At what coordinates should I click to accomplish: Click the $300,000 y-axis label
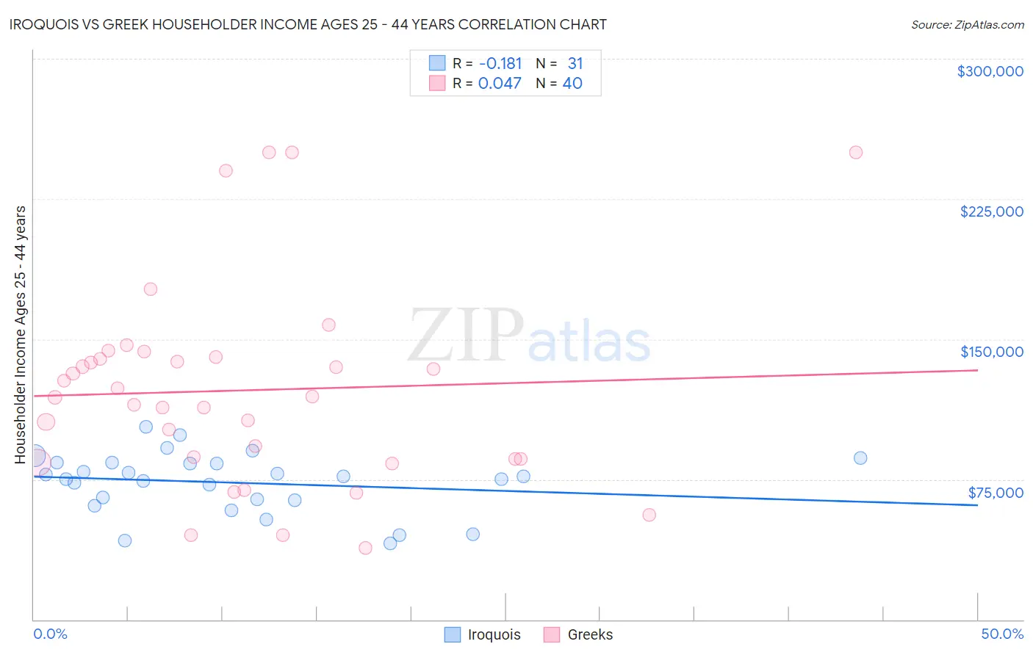tap(990, 71)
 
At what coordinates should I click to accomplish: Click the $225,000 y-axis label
tap(991, 211)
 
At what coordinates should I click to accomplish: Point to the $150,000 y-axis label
tap(991, 352)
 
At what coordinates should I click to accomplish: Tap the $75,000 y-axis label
tap(996, 493)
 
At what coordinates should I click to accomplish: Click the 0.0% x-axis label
tap(50, 634)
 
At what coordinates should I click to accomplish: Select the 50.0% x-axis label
tap(1002, 634)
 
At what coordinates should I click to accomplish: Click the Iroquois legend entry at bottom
tap(483, 634)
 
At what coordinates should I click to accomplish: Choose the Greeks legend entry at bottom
tap(578, 634)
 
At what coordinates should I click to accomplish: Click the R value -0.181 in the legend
tap(500, 64)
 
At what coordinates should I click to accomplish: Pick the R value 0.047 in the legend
tap(500, 84)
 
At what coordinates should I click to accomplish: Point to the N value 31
tap(575, 64)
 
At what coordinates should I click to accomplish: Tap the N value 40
tap(572, 84)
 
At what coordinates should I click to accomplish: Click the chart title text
tap(308, 24)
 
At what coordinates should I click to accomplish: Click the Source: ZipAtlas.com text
tap(967, 25)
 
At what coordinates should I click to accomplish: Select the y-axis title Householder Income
tap(21, 335)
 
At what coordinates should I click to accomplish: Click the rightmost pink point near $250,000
tap(855, 153)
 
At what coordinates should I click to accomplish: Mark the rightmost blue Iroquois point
tap(860, 458)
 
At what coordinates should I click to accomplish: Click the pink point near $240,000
tap(226, 171)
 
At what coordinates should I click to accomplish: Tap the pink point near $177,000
tap(151, 289)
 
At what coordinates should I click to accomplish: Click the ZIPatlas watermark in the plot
tap(529, 336)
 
